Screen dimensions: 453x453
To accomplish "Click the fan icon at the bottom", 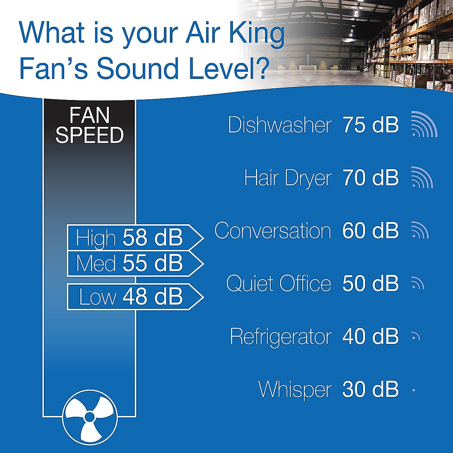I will tap(89, 417).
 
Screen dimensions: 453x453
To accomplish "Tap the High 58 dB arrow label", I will tap(134, 237).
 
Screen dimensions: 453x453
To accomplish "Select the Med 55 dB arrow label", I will tap(134, 263).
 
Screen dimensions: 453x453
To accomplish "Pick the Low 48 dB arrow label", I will tap(134, 296).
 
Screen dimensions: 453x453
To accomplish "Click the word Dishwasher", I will tap(280, 125).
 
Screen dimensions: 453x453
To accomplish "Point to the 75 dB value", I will tap(370, 125).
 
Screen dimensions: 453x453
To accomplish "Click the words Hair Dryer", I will tap(288, 178).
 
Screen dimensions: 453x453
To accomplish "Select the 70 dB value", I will tap(370, 178).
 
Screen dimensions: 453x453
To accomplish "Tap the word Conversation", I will tap(273, 231).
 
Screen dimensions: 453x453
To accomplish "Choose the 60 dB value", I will tap(370, 231).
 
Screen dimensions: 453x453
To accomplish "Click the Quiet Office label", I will tap(279, 284).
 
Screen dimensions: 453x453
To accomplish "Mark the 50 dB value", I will tap(370, 284).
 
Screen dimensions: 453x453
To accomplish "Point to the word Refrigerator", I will tap(281, 336).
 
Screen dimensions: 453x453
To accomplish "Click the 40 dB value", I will tap(370, 336).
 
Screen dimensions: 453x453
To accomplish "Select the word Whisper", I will tap(295, 389).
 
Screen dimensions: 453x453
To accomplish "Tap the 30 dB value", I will tap(370, 389).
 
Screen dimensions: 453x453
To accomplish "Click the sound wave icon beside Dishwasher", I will tap(424, 124).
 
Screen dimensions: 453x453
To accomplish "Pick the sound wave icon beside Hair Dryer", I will tap(422, 177).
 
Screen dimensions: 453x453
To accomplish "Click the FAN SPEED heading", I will tap(89, 125).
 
